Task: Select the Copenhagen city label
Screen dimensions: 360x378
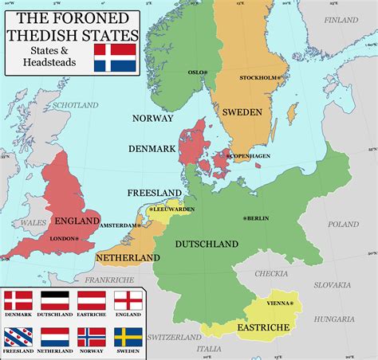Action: click(x=250, y=156)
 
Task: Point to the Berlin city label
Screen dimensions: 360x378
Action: click(x=257, y=217)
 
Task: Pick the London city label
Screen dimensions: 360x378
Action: click(x=62, y=238)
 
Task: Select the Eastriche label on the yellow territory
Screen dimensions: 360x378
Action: click(x=259, y=327)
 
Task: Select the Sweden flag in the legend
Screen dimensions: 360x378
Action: click(x=128, y=337)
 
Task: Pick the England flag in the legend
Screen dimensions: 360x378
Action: click(x=128, y=301)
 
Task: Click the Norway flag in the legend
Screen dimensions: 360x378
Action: click(x=91, y=337)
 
